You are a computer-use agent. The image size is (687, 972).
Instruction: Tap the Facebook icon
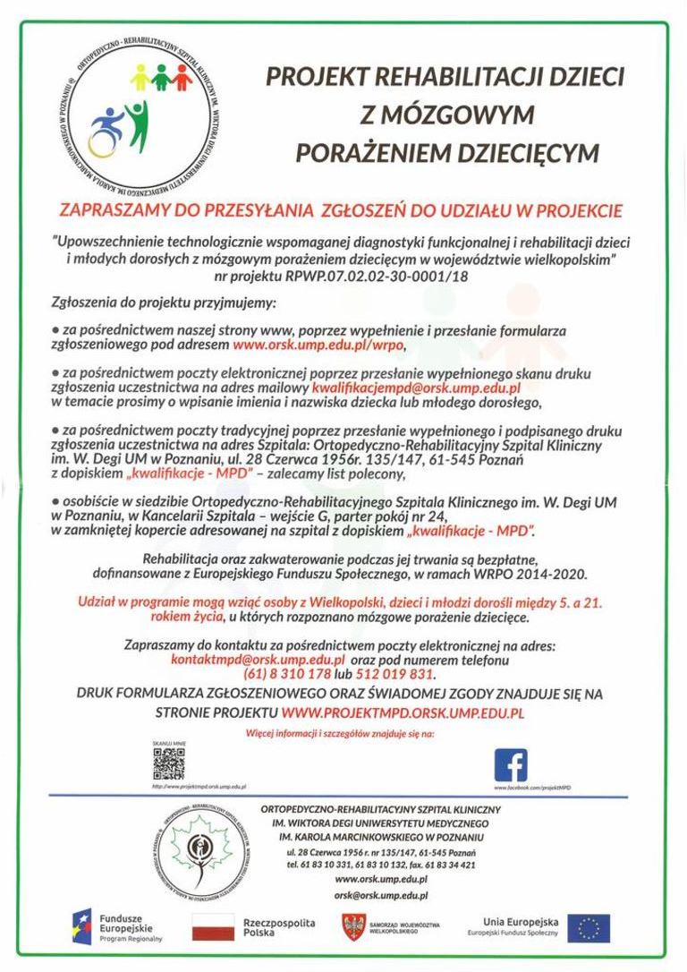(511, 765)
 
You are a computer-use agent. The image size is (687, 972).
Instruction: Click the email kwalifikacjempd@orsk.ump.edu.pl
(416, 388)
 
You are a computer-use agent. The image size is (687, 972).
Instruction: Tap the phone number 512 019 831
(394, 673)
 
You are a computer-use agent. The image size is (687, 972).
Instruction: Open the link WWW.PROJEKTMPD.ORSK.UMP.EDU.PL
(403, 712)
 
